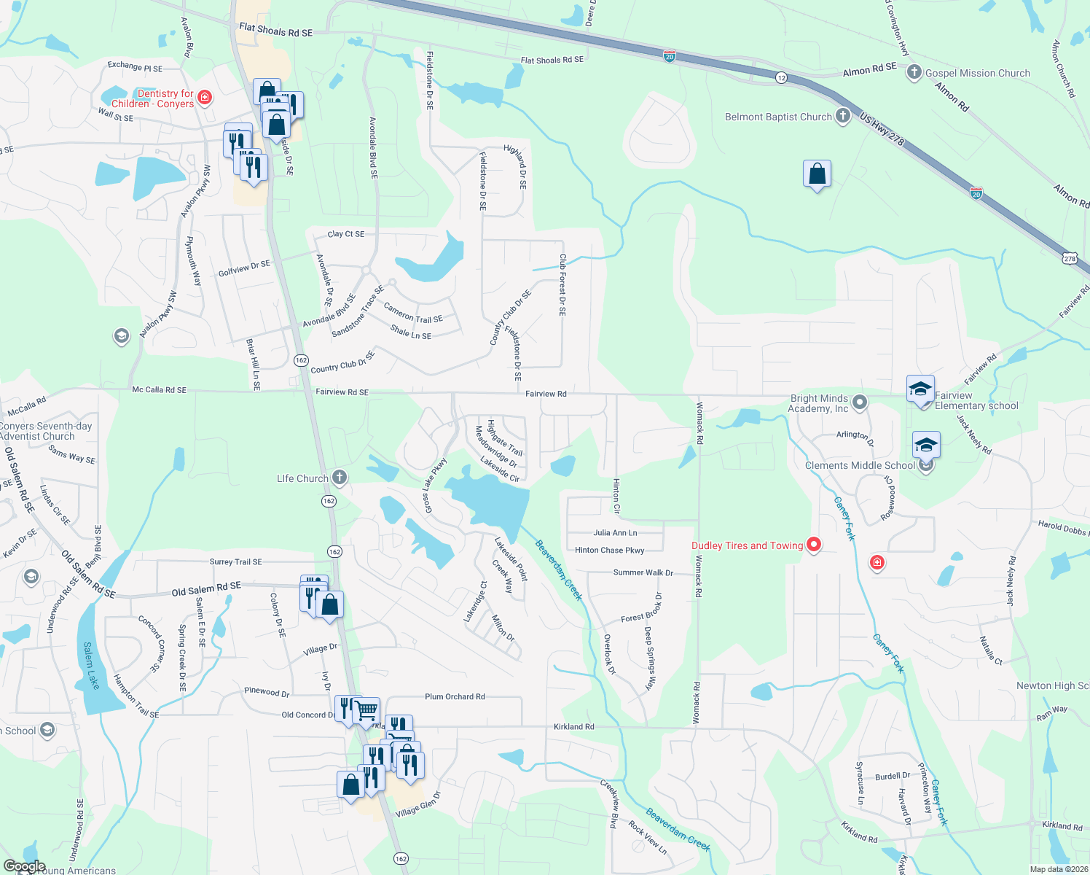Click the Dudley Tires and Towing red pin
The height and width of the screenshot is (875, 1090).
[x=813, y=545]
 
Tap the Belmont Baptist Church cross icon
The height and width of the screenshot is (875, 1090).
[x=843, y=116]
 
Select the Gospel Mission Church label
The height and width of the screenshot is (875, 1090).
[x=977, y=73]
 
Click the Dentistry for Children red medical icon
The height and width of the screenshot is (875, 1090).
[x=205, y=98]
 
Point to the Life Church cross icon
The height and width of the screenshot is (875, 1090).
[x=339, y=478]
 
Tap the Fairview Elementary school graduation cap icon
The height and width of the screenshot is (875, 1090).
[x=920, y=389]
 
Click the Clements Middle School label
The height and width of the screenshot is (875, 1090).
[x=860, y=465]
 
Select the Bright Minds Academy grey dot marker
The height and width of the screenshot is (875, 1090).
[x=860, y=402]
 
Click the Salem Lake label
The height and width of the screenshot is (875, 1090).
[x=91, y=665]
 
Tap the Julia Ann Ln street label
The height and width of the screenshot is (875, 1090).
[x=615, y=533]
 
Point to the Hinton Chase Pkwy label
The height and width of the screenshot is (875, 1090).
[x=609, y=551]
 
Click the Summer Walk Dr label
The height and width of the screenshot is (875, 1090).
[x=643, y=572]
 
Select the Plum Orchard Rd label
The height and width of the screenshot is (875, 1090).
[x=455, y=696]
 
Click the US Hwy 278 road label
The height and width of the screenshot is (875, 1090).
[x=882, y=129]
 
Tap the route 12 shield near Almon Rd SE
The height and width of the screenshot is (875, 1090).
[x=781, y=77]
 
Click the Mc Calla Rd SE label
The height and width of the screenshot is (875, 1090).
[x=159, y=390]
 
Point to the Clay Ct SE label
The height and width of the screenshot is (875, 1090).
[x=346, y=234]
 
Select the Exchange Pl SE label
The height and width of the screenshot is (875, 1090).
[x=135, y=66]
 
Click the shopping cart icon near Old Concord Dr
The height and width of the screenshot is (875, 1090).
[x=366, y=709]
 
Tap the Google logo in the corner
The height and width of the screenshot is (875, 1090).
[x=25, y=866]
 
